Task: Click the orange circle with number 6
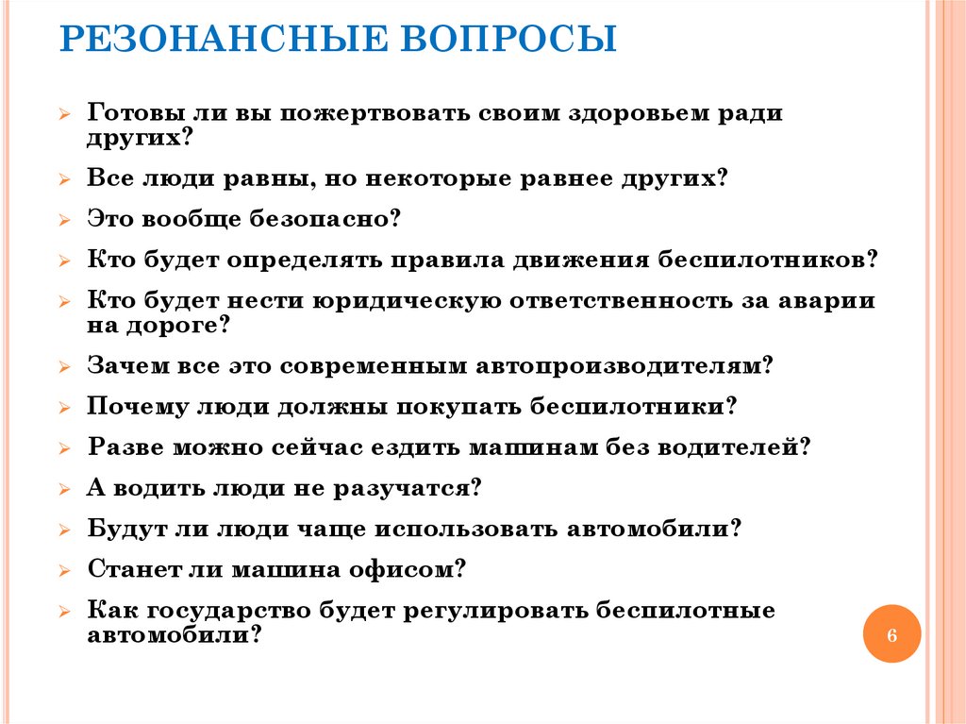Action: pyautogui.click(x=891, y=634)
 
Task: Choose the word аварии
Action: pyautogui.click(x=825, y=301)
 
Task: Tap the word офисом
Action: pyautogui.click(x=408, y=570)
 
